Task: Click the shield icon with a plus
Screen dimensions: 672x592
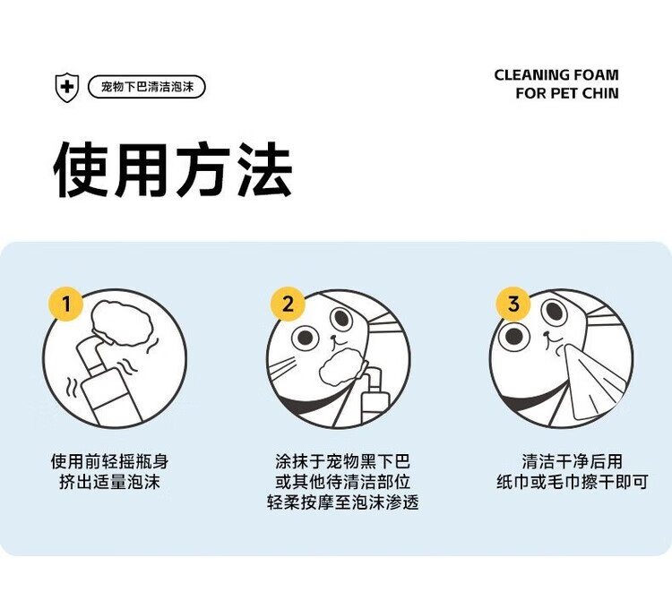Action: pyautogui.click(x=67, y=87)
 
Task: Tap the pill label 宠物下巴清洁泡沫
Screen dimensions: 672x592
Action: pyautogui.click(x=147, y=87)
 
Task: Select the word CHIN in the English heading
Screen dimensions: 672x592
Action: pyautogui.click(x=600, y=93)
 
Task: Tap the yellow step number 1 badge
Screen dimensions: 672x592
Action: pyautogui.click(x=66, y=304)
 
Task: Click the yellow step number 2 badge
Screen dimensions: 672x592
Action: pyautogui.click(x=288, y=304)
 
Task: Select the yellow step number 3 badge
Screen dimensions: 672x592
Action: pyautogui.click(x=513, y=304)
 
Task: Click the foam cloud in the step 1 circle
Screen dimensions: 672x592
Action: pyautogui.click(x=123, y=323)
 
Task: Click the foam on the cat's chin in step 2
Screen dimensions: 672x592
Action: pyautogui.click(x=343, y=365)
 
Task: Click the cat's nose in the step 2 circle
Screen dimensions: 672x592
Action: pyautogui.click(x=333, y=337)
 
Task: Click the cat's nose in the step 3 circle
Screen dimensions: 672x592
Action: pyautogui.click(x=547, y=334)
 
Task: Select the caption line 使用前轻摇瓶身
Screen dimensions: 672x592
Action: pyautogui.click(x=109, y=461)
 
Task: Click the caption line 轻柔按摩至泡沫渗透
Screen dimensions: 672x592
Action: pyautogui.click(x=343, y=502)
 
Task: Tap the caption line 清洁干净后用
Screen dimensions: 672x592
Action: pyautogui.click(x=572, y=461)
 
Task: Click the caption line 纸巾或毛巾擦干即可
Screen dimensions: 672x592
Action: pyautogui.click(x=572, y=482)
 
